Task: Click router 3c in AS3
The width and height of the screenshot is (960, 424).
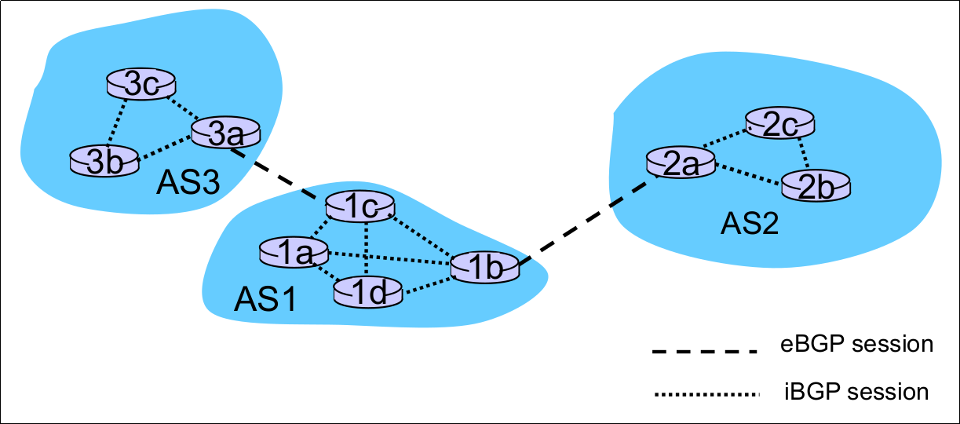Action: pos(142,85)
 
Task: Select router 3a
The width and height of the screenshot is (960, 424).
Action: pos(226,133)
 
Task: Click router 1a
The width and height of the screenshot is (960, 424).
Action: pos(294,251)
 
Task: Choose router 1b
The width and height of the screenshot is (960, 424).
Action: pos(485,267)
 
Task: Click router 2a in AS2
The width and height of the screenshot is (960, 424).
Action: pos(681,163)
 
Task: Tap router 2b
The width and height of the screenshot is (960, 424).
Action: pos(816,185)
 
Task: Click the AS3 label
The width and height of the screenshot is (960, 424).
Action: pos(187,184)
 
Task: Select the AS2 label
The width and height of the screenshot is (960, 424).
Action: pos(750,225)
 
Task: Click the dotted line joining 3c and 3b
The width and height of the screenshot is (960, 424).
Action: pos(118,122)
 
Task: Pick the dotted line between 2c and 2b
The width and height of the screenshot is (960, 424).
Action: pos(801,155)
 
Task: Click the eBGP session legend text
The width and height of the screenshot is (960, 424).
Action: pos(857,344)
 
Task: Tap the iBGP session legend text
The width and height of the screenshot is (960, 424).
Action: pos(856,390)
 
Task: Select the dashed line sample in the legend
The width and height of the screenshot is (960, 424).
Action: pos(704,349)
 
